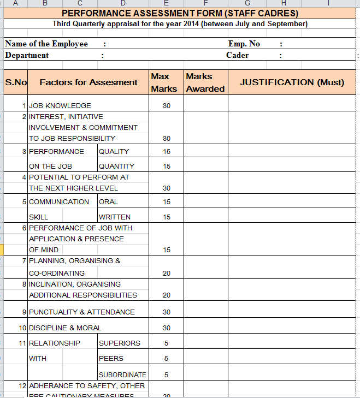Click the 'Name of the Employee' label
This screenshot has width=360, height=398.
click(46, 44)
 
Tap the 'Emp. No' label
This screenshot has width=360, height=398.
click(244, 44)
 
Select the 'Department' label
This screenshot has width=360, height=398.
click(27, 55)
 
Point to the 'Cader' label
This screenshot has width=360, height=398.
click(237, 55)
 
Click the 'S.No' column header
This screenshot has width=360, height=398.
click(16, 82)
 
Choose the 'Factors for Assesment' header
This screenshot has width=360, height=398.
click(88, 82)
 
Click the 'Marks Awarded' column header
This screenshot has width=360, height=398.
click(205, 82)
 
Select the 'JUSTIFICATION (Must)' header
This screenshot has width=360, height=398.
click(292, 82)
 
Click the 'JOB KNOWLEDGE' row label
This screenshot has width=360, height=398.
click(60, 106)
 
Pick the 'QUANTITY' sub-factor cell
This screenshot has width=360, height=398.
click(116, 167)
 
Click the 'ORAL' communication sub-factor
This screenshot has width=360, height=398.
click(108, 202)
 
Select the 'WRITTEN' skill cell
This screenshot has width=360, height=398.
click(115, 217)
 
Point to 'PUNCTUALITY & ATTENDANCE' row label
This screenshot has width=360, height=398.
click(82, 312)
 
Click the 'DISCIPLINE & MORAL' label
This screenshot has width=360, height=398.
click(65, 328)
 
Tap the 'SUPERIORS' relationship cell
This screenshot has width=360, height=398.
click(119, 343)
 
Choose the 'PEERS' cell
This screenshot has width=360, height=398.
click(111, 359)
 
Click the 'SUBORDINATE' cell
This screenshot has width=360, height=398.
click(122, 375)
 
